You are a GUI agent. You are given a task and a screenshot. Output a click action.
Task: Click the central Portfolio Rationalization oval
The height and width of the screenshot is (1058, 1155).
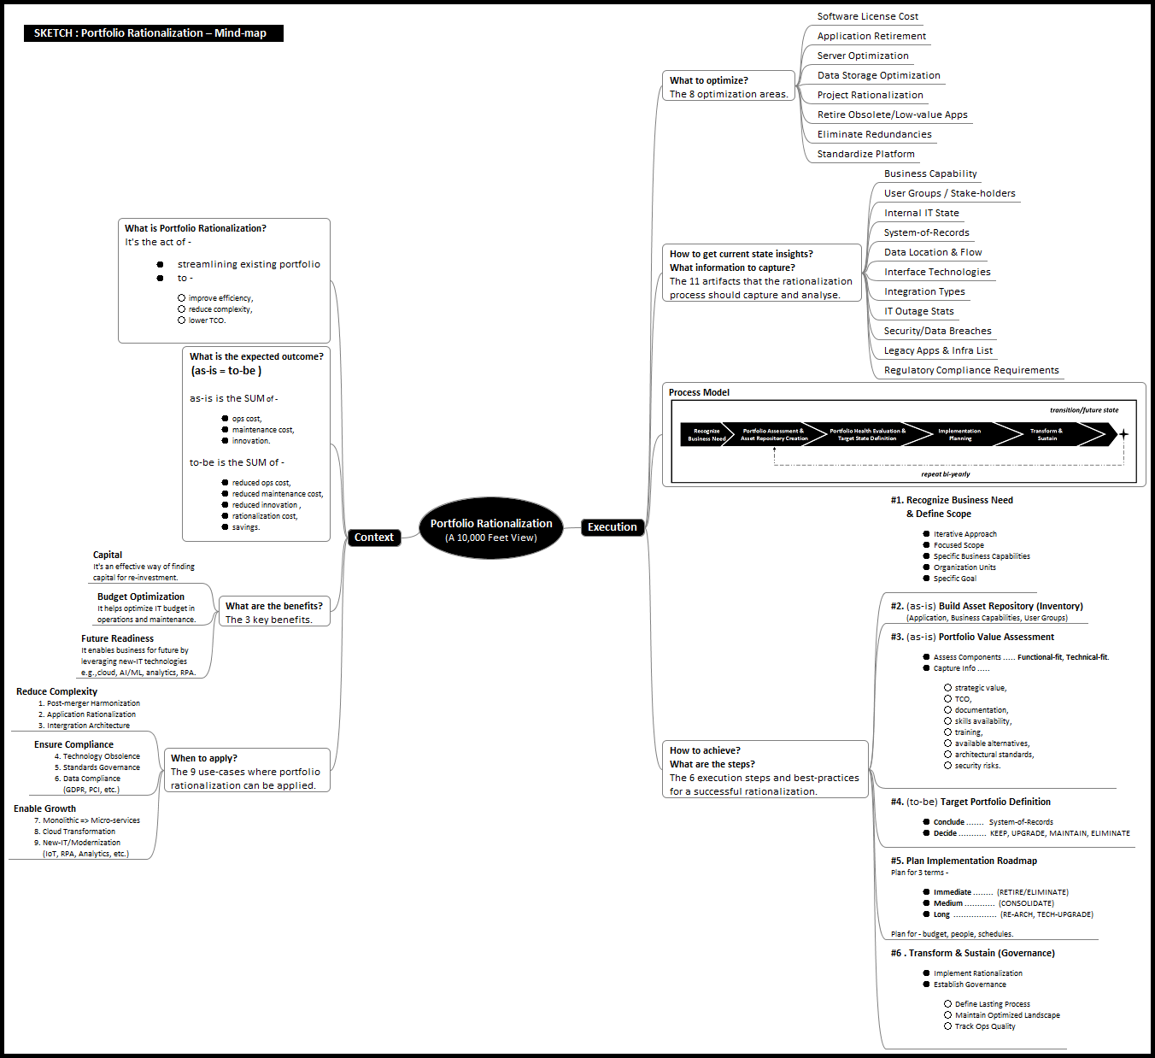click(491, 529)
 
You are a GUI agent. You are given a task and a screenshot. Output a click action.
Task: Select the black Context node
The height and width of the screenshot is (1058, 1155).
click(373, 538)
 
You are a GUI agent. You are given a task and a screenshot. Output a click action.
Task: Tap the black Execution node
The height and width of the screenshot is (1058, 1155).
click(612, 527)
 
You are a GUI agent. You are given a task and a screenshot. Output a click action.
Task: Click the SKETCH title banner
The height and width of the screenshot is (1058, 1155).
click(153, 33)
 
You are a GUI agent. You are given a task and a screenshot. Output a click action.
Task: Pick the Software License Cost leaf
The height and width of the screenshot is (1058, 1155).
click(867, 16)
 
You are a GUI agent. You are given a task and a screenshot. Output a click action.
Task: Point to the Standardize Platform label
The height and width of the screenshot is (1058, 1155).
click(865, 154)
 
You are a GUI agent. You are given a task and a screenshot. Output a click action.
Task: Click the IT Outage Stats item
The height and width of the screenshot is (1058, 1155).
click(918, 311)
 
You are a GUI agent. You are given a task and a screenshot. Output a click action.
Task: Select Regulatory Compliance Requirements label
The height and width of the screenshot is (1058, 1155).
click(971, 370)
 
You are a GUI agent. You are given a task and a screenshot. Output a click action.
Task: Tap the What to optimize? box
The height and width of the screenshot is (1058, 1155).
click(729, 86)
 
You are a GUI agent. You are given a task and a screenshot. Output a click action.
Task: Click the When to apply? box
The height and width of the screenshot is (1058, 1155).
click(245, 771)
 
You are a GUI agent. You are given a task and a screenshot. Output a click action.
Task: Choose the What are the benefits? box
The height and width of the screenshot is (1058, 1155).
click(273, 612)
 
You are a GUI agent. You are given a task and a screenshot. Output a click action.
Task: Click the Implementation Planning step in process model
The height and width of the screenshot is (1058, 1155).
click(959, 434)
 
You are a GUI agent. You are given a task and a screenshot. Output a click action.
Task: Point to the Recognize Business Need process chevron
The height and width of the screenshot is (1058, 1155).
click(706, 434)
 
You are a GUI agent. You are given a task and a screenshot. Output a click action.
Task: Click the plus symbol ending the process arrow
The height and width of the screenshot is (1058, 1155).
click(1123, 434)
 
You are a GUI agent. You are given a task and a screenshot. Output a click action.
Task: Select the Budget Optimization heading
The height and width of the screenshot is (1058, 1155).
click(140, 597)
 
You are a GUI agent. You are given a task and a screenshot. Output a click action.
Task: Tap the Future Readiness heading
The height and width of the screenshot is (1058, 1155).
click(117, 638)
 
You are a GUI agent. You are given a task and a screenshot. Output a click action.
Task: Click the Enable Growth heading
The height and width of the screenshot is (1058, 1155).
click(44, 808)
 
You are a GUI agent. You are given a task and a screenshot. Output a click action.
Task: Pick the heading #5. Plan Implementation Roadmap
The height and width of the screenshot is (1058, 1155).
click(964, 861)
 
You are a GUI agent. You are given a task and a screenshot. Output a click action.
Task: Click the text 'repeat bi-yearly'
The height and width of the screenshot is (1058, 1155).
click(945, 474)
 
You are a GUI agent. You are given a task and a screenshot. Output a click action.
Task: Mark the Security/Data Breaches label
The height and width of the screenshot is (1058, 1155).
click(937, 331)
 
